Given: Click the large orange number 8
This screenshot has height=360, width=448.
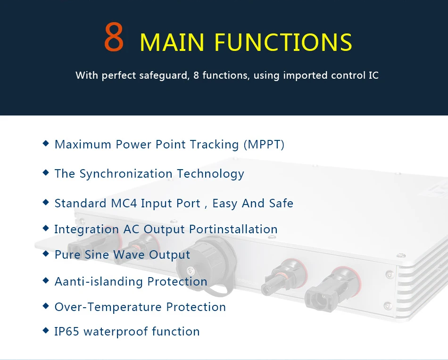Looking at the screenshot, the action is pyautogui.click(x=114, y=37).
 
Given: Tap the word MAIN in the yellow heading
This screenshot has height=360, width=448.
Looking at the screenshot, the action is pyautogui.click(x=172, y=42).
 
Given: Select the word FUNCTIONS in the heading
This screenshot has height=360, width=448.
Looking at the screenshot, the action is pyautogui.click(x=283, y=42).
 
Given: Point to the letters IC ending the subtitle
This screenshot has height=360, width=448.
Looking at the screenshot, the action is pyautogui.click(x=373, y=75).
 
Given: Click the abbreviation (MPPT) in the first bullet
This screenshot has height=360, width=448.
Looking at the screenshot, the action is pyautogui.click(x=264, y=145).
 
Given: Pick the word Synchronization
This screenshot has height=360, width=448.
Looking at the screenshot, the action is pyautogui.click(x=126, y=174).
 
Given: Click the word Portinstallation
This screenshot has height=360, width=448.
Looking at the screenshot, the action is pyautogui.click(x=233, y=229).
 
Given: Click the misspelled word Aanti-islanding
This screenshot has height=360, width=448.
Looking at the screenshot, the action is pyautogui.click(x=99, y=281).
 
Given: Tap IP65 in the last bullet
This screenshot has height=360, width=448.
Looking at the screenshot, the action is pyautogui.click(x=66, y=332).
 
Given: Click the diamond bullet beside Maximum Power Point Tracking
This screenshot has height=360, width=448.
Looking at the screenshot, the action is pyautogui.click(x=46, y=143).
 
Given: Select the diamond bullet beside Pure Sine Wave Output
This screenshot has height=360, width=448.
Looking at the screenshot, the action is pyautogui.click(x=46, y=254).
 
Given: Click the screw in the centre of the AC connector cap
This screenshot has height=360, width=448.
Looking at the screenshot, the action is pyautogui.click(x=191, y=270).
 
